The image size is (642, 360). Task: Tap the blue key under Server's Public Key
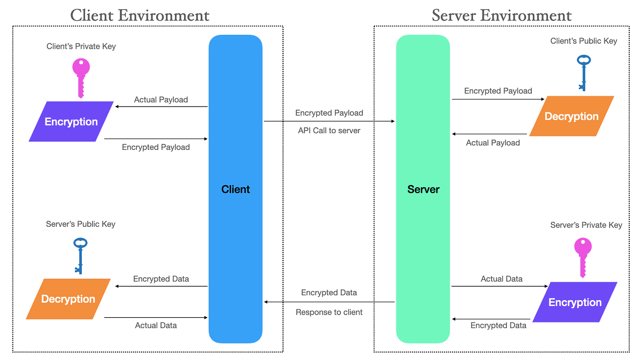coord(80,255)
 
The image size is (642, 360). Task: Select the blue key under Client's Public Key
coord(583,72)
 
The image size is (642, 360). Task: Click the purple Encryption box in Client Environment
coord(71,122)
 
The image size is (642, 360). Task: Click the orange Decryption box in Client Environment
coord(68,299)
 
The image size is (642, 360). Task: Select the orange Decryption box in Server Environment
coord(571,117)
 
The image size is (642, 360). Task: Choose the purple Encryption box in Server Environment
coord(575,302)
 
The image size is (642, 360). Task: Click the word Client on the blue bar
coord(235,189)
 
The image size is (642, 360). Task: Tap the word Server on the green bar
coord(423,189)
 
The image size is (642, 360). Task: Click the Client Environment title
coord(140,15)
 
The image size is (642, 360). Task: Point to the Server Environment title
coord(502,15)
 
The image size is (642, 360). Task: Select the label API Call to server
coord(329,131)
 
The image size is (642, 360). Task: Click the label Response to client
coord(329,312)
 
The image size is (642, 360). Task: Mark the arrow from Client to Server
coord(329,121)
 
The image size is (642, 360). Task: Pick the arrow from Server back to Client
coord(329,302)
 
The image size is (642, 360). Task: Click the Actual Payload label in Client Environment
coord(161,99)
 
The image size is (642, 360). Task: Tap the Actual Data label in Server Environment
coord(501,279)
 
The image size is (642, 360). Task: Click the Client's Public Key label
coord(584,41)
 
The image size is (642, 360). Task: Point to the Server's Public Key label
coord(81,224)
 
